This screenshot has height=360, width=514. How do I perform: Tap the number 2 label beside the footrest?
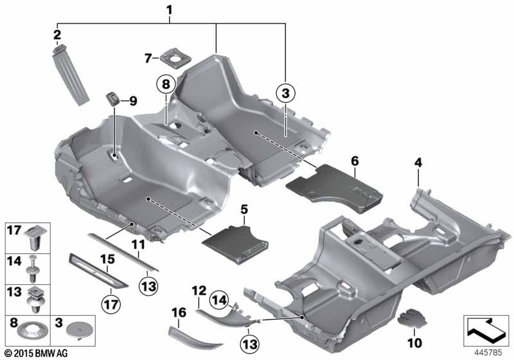click(x=57, y=34)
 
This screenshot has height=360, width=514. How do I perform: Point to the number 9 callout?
click(x=134, y=100)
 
